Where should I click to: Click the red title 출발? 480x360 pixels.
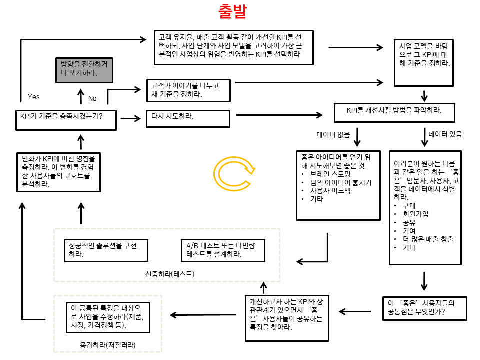click(x=233, y=12)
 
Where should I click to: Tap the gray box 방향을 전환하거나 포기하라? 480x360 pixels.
click(x=84, y=69)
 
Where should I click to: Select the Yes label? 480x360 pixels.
click(x=34, y=97)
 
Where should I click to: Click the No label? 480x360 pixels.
click(x=92, y=98)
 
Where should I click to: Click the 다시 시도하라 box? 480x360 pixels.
click(x=188, y=118)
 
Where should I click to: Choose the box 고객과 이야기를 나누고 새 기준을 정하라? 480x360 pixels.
click(x=188, y=90)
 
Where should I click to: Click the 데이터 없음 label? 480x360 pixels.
click(x=333, y=134)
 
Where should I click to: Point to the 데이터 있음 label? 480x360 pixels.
click(x=445, y=134)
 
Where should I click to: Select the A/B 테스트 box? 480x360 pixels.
click(x=221, y=250)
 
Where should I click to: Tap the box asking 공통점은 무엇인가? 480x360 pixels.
click(x=424, y=308)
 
